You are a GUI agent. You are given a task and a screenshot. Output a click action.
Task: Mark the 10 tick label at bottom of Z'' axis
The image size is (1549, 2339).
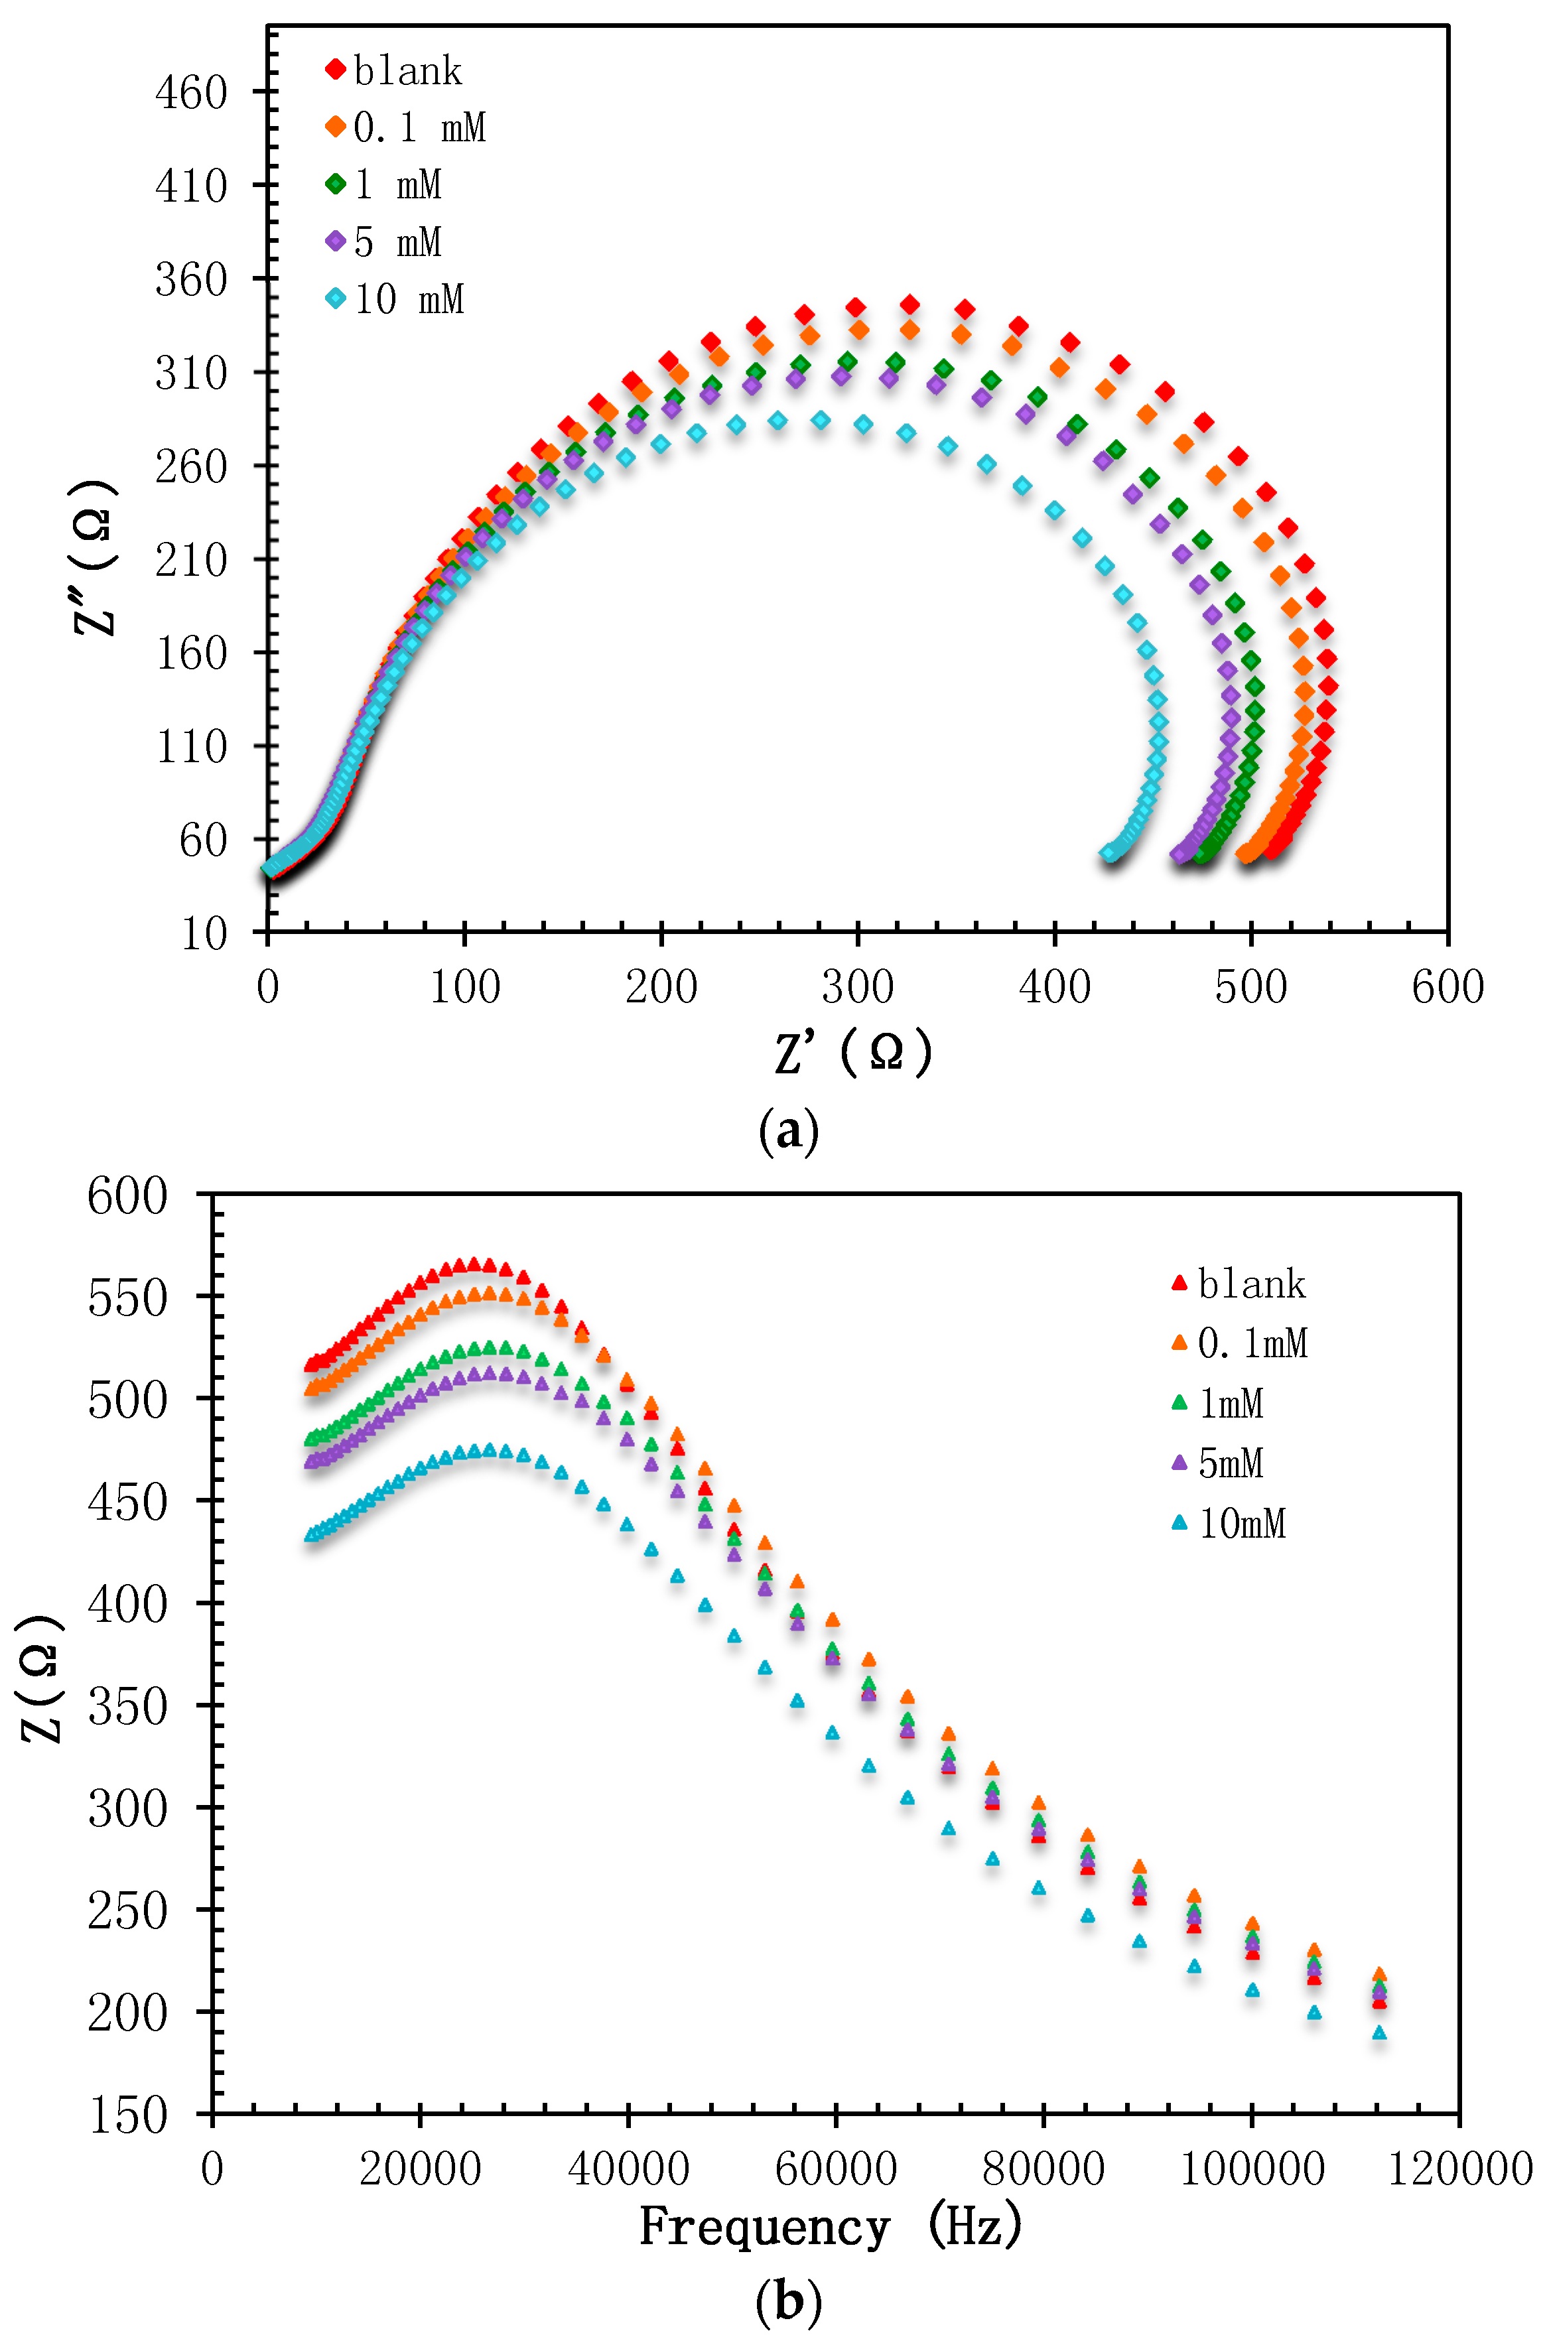tap(204, 933)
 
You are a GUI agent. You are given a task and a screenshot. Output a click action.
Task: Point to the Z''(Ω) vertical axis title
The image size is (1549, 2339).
tap(96, 558)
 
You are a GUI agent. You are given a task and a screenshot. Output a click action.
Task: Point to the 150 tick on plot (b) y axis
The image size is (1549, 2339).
tap(127, 2115)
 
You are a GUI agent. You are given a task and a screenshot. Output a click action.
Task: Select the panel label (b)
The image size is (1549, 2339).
tap(788, 2303)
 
